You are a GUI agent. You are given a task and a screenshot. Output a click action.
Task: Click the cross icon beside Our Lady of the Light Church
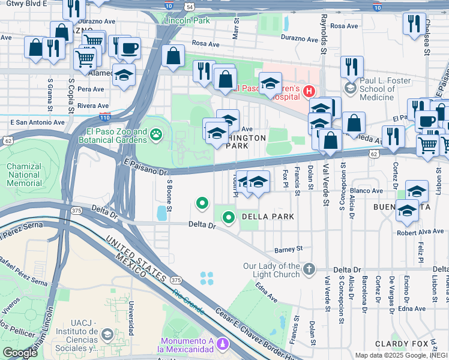point(309,268)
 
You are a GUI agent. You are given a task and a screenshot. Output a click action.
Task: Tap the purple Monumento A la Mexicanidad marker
point(223,344)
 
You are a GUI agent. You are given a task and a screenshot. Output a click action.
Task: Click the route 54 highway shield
point(190,7)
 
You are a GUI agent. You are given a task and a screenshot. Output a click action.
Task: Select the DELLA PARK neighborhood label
point(267,217)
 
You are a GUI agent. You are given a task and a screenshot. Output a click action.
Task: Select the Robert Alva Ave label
point(420,232)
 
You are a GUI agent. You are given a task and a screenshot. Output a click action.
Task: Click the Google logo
point(20,353)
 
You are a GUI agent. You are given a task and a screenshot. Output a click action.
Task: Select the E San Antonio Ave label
point(37,122)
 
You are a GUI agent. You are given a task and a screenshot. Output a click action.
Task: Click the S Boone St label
point(170,196)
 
